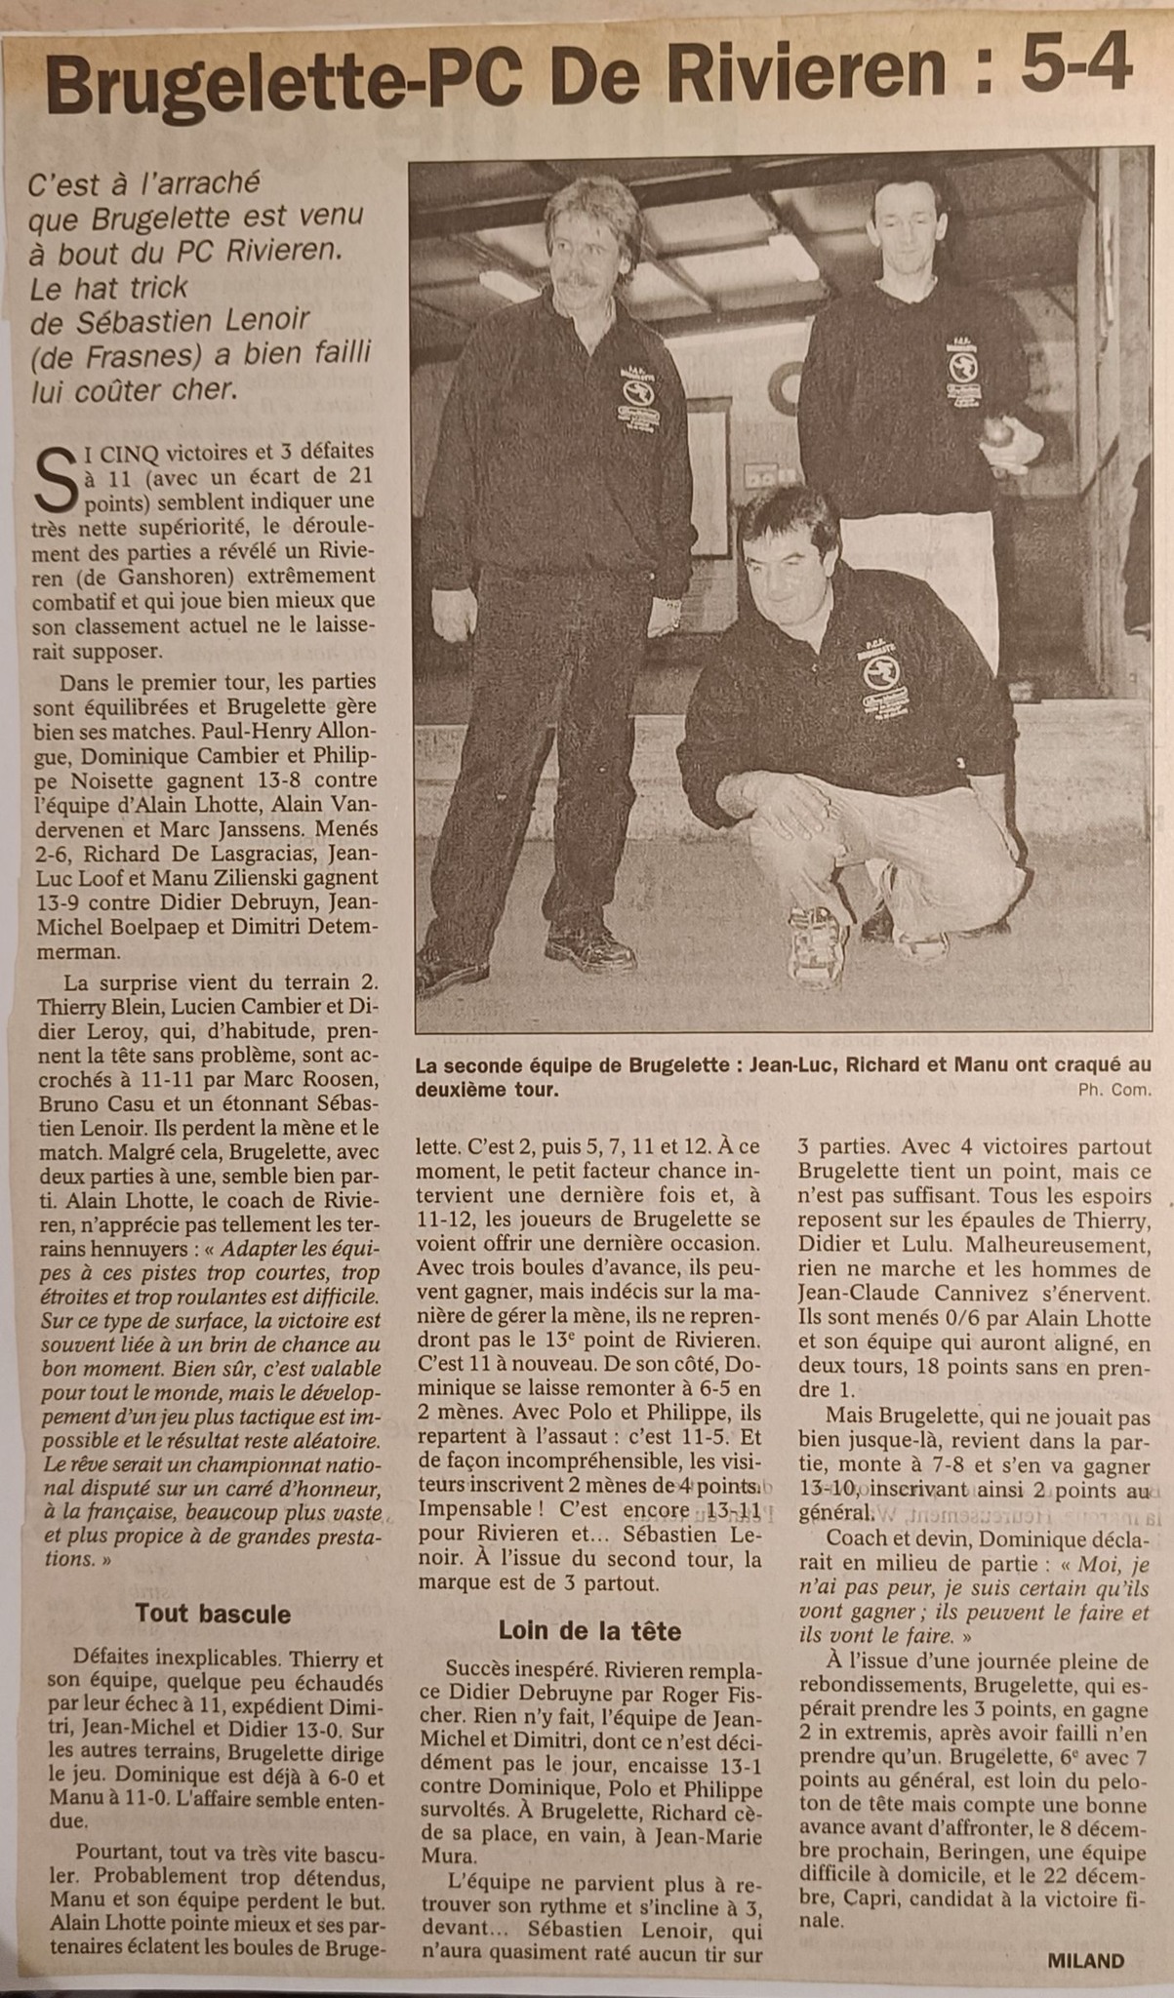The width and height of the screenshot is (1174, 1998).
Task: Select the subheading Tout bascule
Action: [213, 1614]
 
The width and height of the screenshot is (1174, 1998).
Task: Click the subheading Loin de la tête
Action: [589, 1630]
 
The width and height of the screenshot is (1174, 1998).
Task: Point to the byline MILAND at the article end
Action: [1086, 1961]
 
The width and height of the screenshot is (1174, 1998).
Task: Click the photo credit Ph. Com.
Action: [1115, 1091]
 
